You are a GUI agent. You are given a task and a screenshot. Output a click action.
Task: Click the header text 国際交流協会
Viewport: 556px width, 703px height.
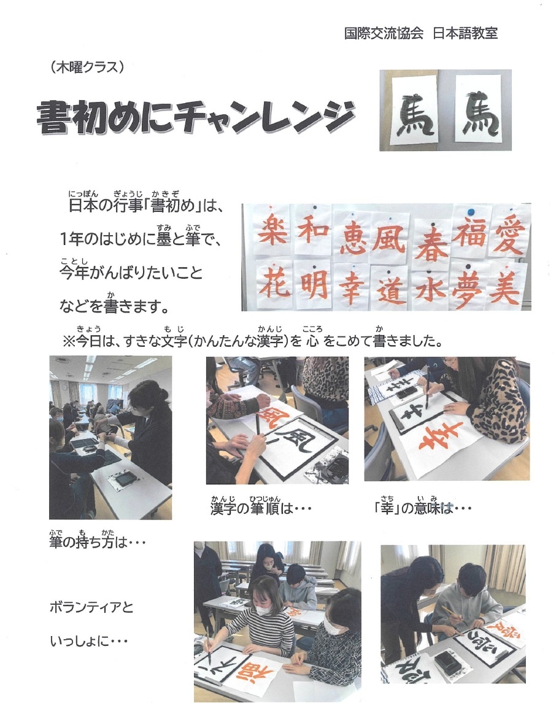(x=384, y=33)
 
